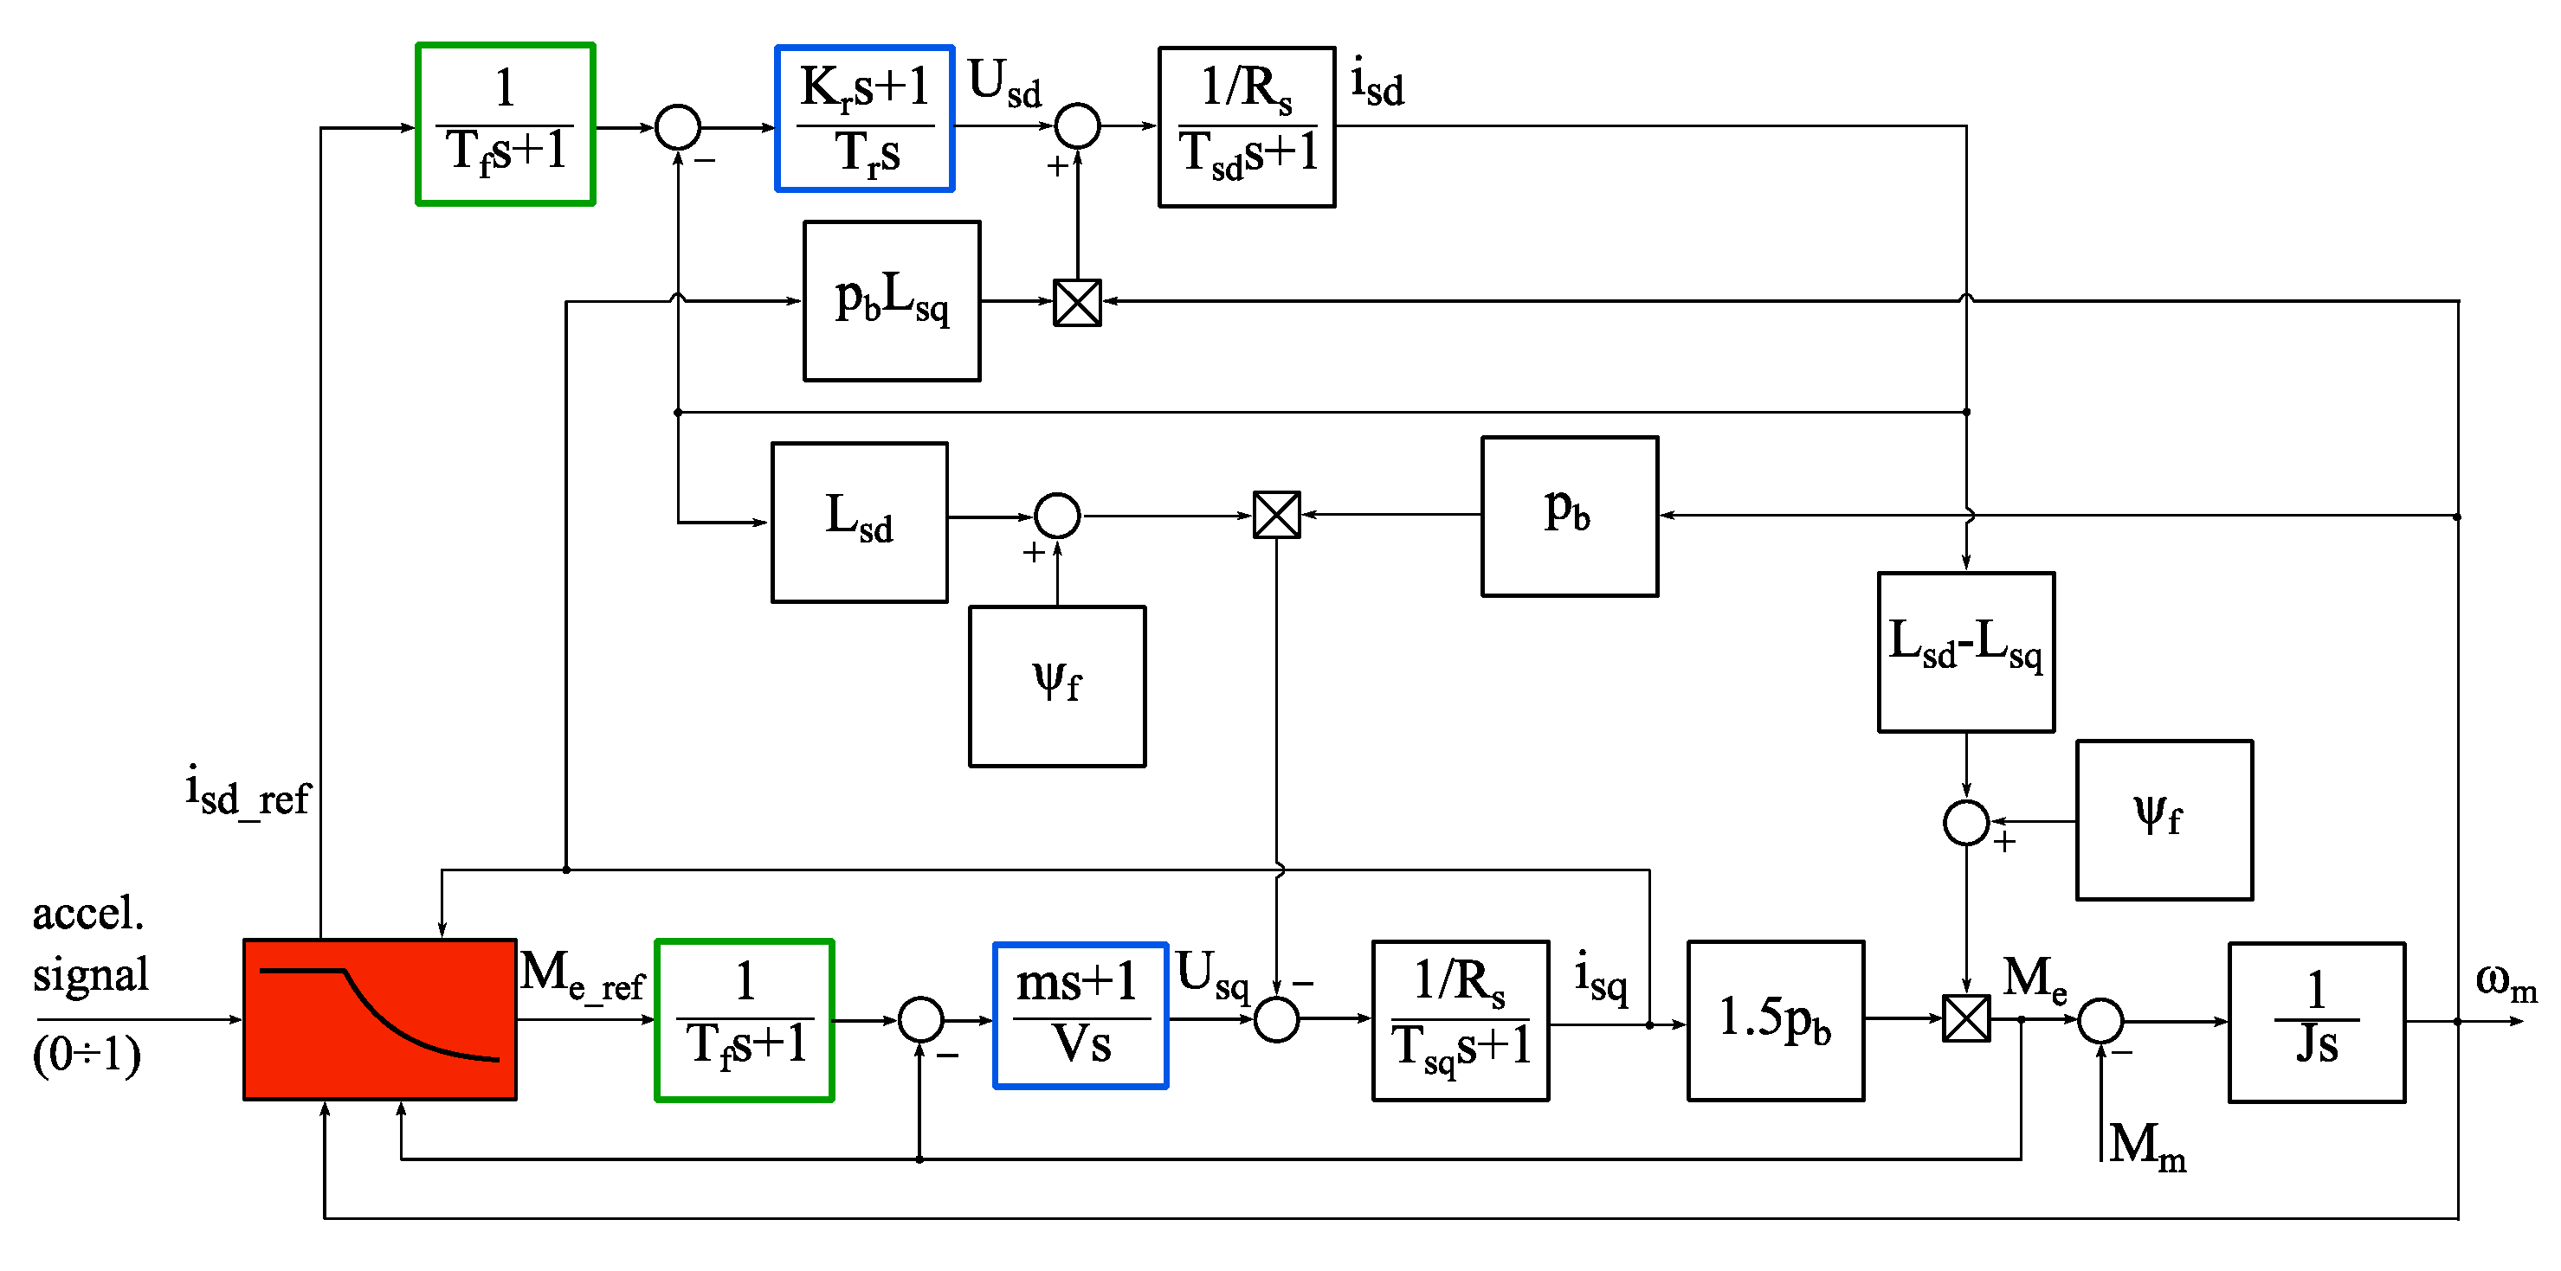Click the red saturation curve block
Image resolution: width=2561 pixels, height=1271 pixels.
(380, 1019)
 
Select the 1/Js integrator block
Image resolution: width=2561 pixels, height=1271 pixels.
(2317, 1022)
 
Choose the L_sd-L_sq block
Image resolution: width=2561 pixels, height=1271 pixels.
(1965, 652)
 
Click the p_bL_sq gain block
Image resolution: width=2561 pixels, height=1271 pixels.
(892, 301)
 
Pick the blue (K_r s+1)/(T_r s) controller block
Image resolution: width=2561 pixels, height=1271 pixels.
(865, 119)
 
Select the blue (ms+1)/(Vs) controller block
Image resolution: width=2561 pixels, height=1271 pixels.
(1081, 1016)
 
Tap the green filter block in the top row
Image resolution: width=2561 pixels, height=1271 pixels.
(506, 125)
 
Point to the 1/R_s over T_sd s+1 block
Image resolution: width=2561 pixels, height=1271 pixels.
(1247, 127)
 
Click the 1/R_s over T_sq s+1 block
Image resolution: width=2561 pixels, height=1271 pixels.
(1461, 1021)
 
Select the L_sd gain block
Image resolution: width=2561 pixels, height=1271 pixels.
(860, 523)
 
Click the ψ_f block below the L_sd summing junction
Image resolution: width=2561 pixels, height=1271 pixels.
(1058, 687)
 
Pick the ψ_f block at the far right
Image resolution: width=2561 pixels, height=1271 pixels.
(2164, 820)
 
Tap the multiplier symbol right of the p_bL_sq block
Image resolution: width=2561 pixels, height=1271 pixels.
(1078, 302)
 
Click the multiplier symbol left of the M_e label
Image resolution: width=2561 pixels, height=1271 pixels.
(1966, 1018)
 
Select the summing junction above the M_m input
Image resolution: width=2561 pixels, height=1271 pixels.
(2100, 1021)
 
